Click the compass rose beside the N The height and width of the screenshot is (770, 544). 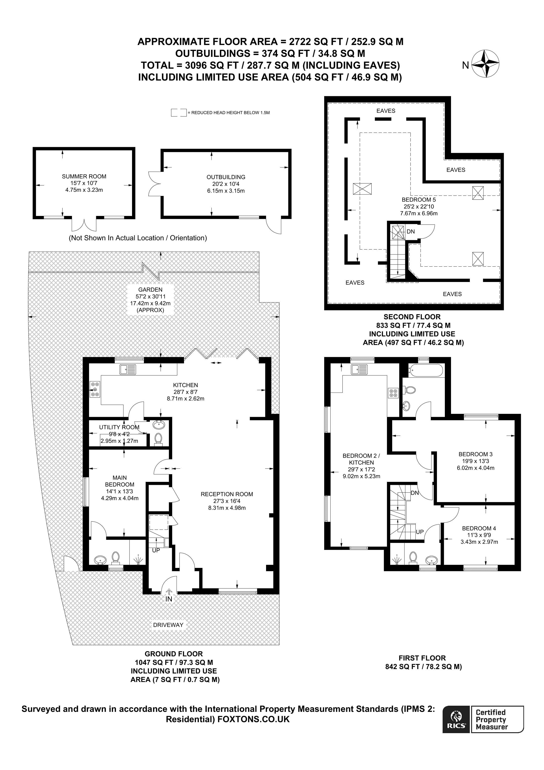click(x=485, y=64)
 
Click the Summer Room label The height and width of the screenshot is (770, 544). click(x=84, y=176)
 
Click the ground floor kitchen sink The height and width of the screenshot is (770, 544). click(x=128, y=369)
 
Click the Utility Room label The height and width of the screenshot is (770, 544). click(x=119, y=427)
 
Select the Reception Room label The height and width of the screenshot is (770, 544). click(x=227, y=494)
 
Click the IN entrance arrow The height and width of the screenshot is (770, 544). click(x=169, y=592)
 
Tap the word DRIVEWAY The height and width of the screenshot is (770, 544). click(x=168, y=625)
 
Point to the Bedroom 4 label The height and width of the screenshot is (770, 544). click(x=479, y=528)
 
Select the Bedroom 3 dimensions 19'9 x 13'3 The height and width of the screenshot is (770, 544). click(x=475, y=461)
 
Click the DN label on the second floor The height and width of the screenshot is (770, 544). click(x=411, y=232)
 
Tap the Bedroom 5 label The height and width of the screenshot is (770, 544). click(x=419, y=200)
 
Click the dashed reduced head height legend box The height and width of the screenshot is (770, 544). click(x=179, y=112)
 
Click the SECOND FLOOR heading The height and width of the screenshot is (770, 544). click(x=412, y=317)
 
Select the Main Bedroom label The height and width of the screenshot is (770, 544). click(x=119, y=481)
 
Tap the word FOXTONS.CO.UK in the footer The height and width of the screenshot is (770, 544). click(x=253, y=719)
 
